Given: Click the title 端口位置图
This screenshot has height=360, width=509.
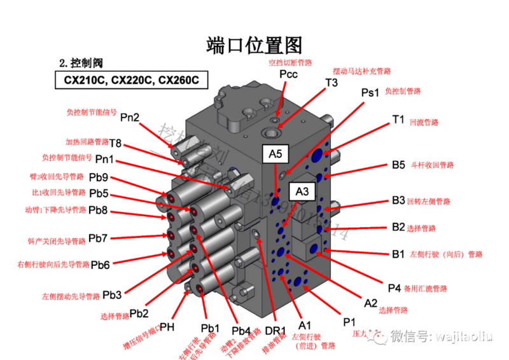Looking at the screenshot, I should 254,44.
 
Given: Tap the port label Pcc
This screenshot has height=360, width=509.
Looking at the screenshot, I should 288,74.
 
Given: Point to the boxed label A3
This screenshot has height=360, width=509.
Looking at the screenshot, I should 302,190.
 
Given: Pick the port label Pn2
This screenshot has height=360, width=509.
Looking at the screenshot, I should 130,116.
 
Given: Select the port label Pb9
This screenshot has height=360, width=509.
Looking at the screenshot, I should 98,177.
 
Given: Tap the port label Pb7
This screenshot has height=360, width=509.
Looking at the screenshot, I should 98,238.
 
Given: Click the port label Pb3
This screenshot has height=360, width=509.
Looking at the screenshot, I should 112,294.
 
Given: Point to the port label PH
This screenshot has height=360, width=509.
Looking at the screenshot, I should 167,327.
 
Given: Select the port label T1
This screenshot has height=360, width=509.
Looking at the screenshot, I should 398,119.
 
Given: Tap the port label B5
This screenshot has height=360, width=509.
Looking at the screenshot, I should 398,165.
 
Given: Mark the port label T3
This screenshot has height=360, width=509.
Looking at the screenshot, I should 331,83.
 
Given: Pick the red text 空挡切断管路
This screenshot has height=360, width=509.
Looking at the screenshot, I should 290,62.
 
